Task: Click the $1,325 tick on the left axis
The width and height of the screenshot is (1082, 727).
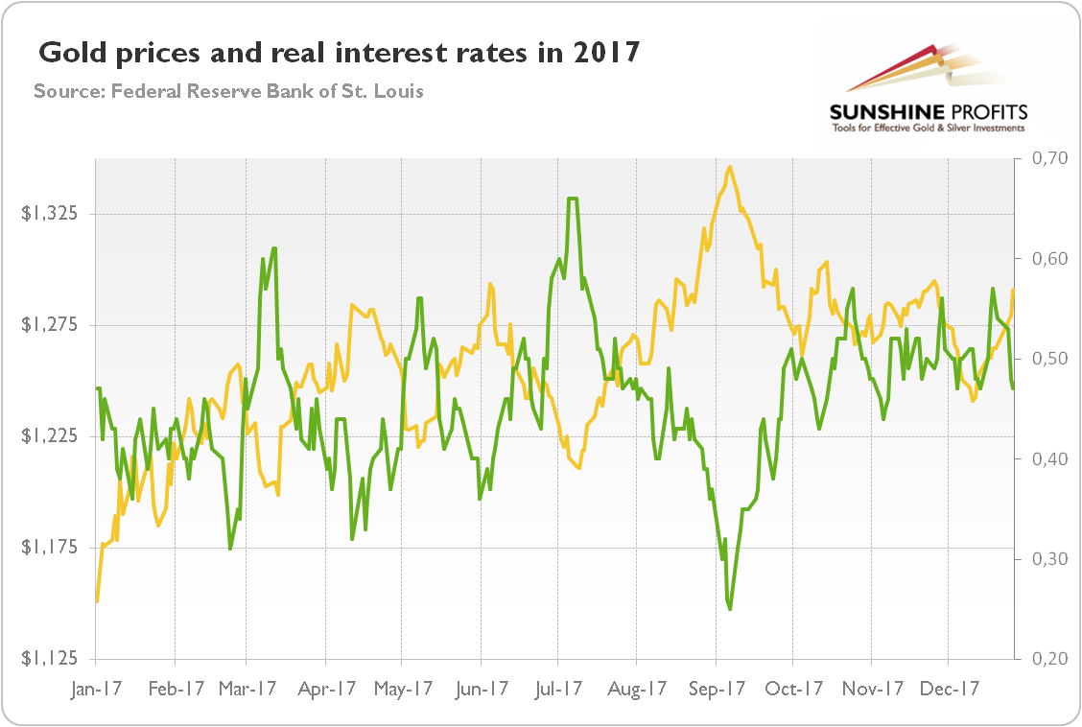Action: coord(52,215)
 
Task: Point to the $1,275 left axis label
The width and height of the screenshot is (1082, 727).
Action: coord(52,326)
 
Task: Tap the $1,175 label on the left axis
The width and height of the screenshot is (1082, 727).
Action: coord(52,548)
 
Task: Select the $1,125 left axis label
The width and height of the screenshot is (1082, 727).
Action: coord(52,659)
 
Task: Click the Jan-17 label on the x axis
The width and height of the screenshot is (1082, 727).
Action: coord(96,688)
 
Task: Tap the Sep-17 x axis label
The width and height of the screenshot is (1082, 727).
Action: coord(719,688)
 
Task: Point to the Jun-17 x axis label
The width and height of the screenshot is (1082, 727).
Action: coord(483,688)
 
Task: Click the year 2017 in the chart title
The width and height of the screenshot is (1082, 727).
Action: coord(604,53)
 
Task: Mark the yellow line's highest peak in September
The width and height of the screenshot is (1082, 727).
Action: coord(731,167)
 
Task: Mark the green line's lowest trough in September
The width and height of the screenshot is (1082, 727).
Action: coord(730,608)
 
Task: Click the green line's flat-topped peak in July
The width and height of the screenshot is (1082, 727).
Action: coord(573,199)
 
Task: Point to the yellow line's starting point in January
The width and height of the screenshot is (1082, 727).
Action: coord(97,601)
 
